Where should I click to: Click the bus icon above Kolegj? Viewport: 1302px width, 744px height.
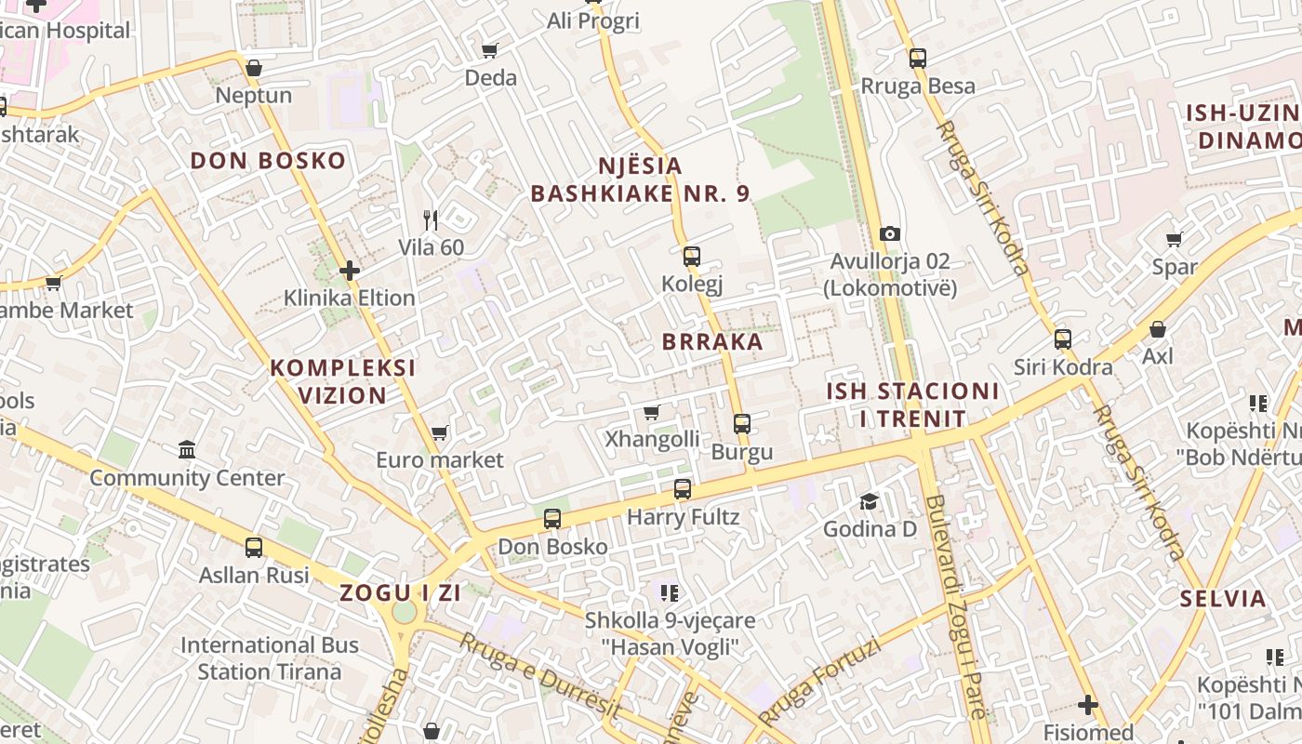point(691,257)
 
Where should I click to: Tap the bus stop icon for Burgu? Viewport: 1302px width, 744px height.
point(741,424)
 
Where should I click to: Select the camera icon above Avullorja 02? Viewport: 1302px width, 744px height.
point(890,233)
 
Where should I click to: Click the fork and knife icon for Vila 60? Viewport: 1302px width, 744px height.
point(431,219)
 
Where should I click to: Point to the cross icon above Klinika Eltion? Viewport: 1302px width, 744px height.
point(350,271)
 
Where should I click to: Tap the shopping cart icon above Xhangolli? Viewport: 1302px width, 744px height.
point(652,412)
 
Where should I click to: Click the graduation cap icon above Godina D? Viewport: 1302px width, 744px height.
point(870,502)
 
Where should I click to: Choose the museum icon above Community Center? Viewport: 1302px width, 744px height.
point(187,450)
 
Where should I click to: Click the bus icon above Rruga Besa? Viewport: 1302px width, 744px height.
point(918,59)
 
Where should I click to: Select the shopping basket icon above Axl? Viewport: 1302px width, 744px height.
point(1158,329)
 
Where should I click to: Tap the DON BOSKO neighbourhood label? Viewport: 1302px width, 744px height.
point(268,161)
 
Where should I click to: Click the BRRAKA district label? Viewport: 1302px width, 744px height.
point(712,341)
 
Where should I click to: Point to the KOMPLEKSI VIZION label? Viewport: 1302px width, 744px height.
point(343,381)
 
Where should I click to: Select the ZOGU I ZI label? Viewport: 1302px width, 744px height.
point(400,592)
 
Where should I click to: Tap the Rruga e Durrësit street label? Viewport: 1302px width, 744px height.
point(540,675)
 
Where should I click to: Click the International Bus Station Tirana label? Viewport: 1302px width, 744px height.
point(270,658)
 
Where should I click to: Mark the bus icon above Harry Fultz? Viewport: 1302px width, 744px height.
point(683,489)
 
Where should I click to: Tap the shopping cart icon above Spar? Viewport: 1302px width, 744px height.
point(1175,240)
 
